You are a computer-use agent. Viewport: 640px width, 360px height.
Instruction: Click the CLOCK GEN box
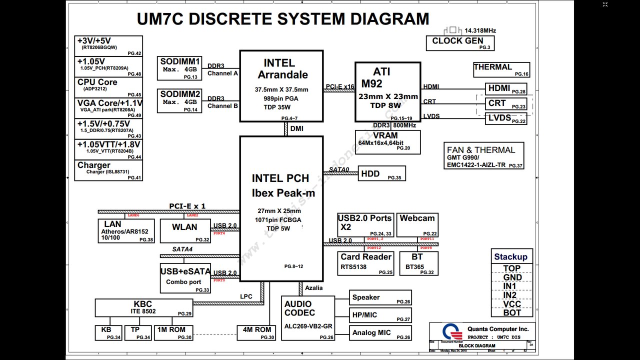(460, 43)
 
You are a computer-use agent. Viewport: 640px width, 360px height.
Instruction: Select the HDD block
(381, 174)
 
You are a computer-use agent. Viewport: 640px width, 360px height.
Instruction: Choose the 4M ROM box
(256, 333)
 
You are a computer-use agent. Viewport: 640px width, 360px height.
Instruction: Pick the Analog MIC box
(380, 333)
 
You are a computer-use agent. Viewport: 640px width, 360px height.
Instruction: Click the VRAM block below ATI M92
(387, 142)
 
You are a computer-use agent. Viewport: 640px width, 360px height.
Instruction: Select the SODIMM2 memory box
(180, 100)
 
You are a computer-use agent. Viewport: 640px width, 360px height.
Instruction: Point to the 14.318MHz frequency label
(480, 30)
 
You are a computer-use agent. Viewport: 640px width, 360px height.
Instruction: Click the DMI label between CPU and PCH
(296, 128)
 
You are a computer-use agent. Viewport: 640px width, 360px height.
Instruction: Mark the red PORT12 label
(374, 248)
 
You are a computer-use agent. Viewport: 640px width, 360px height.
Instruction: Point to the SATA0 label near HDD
(339, 169)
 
